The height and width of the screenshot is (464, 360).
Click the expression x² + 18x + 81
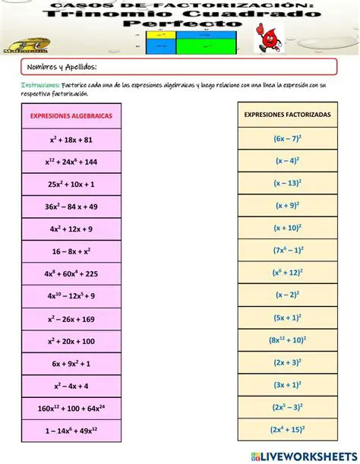[x=71, y=140]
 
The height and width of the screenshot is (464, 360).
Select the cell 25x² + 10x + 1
[x=71, y=185]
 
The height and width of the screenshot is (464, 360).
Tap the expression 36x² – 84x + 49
[x=71, y=207]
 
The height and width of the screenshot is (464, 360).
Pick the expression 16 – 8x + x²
[x=71, y=251]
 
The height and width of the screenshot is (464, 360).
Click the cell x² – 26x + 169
[x=71, y=319]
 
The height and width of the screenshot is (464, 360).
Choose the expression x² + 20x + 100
[x=71, y=341]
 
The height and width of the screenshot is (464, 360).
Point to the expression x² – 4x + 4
[x=71, y=386]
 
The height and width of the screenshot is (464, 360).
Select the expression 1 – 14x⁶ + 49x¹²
[x=71, y=431]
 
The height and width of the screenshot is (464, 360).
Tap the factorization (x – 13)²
[x=286, y=183]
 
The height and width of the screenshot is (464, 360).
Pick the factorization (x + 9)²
[x=286, y=205]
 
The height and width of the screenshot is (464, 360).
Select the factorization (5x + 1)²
[x=286, y=317]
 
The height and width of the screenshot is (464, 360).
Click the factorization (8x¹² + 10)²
[x=286, y=340]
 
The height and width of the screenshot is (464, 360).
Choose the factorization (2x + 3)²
[x=286, y=362]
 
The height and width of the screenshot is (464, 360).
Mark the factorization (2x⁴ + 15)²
[x=286, y=430]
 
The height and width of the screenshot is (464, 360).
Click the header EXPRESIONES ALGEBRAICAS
[x=71, y=115]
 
